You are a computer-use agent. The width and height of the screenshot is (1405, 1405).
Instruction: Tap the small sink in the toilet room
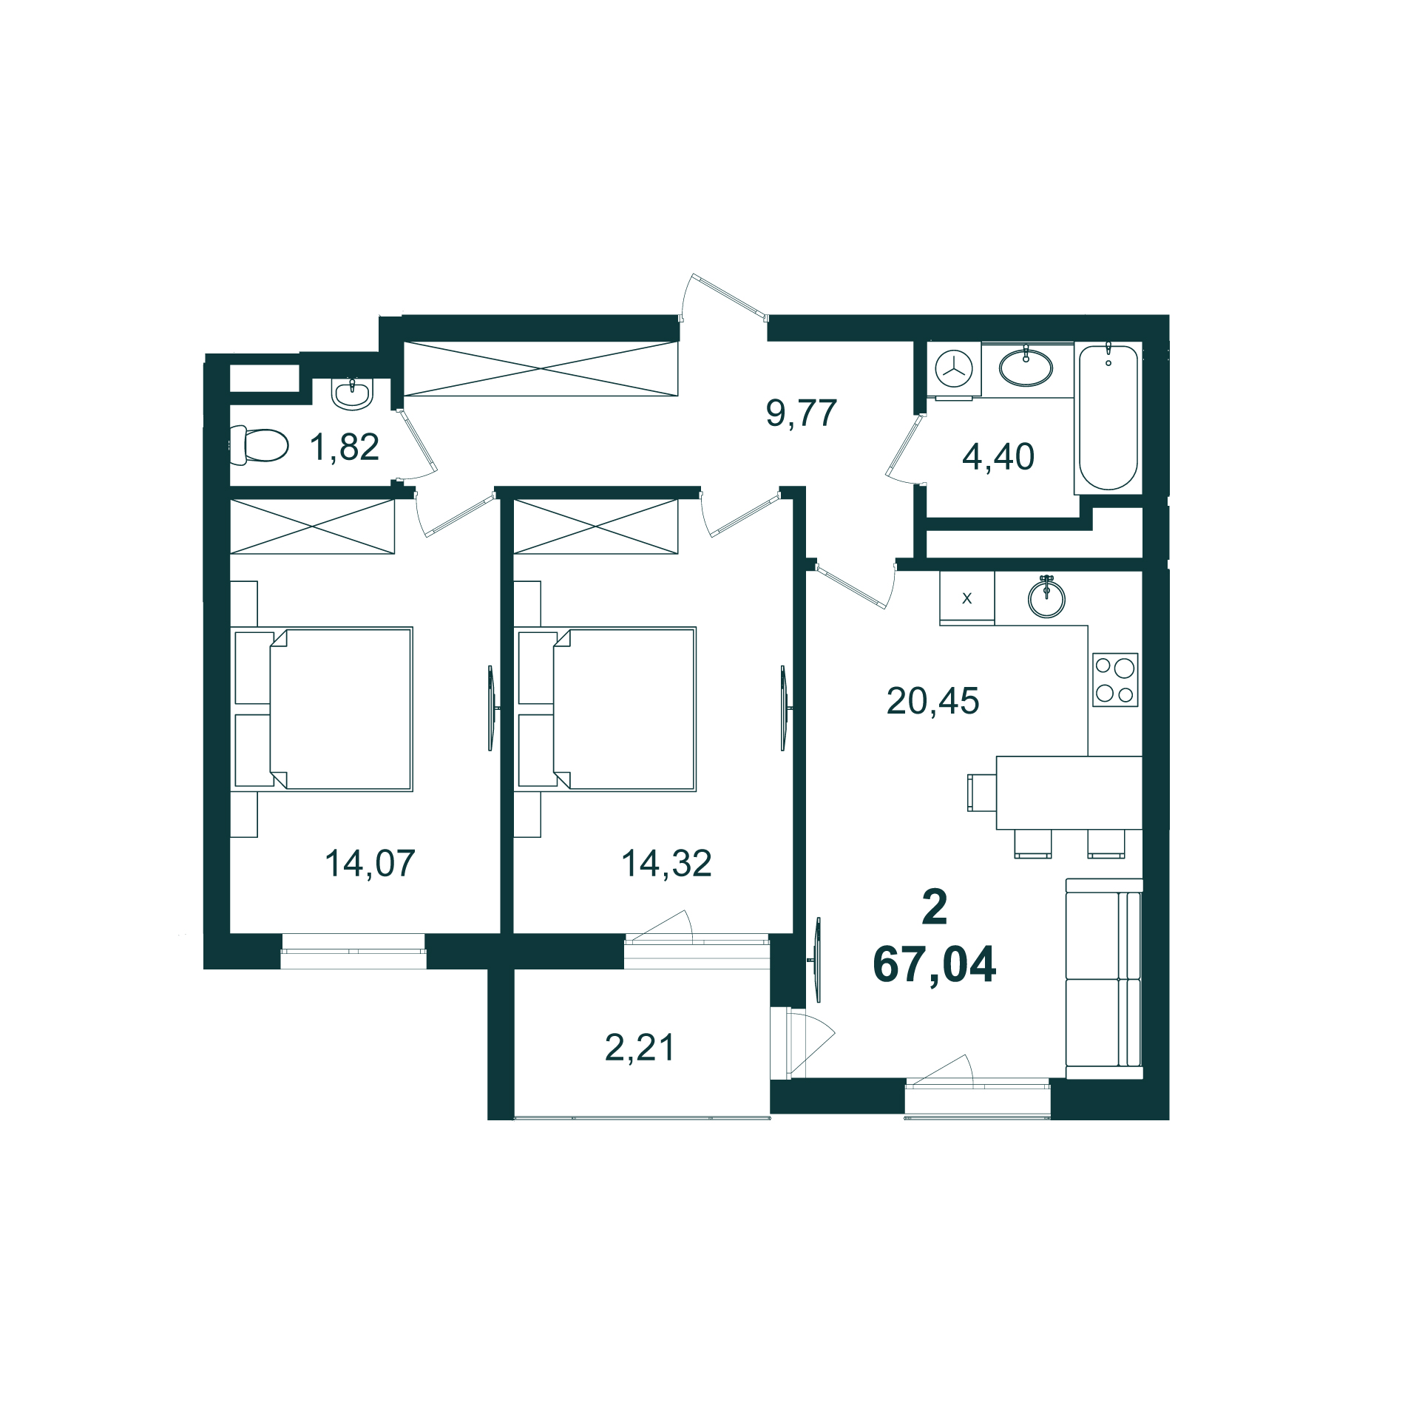[x=351, y=393]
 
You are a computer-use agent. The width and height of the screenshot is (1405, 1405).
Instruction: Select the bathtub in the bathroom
[x=1108, y=418]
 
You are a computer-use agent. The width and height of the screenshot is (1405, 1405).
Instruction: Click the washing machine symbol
[x=954, y=368]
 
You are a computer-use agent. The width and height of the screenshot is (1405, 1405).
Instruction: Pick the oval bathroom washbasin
[x=1026, y=368]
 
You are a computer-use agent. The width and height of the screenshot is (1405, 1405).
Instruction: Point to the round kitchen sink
[x=1046, y=598]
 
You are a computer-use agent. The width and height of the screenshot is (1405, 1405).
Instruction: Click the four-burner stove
[x=1115, y=680]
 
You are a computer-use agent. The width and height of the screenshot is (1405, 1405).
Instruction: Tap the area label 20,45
[x=932, y=701]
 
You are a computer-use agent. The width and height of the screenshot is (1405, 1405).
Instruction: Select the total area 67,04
[x=934, y=965]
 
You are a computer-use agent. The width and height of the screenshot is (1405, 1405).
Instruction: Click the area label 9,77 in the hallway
[x=802, y=413]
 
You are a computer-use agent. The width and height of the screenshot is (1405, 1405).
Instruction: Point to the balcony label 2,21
[x=640, y=1048]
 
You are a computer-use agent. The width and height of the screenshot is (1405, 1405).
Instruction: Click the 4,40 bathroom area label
[x=998, y=457]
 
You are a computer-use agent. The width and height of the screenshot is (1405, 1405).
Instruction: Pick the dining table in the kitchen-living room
[x=1069, y=793]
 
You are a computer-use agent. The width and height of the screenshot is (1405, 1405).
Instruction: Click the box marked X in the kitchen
[x=966, y=598]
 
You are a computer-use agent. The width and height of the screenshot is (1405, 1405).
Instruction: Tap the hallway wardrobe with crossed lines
[x=541, y=368]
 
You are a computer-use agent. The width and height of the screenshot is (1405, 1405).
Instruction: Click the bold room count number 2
[x=935, y=907]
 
